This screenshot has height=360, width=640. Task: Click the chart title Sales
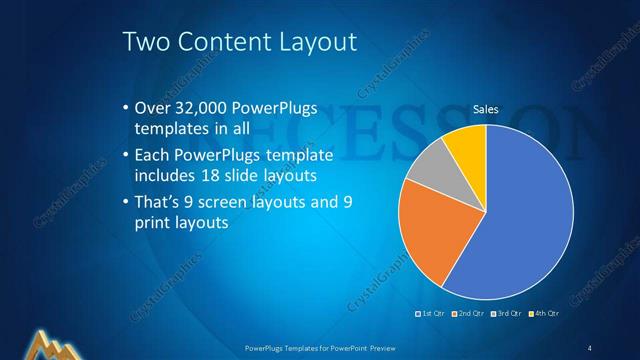(485, 109)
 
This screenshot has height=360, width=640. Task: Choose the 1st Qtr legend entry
(432, 314)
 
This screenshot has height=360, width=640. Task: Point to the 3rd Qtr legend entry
(508, 314)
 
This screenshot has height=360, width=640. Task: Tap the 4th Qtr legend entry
(545, 314)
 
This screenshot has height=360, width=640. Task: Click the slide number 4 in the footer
(589, 347)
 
